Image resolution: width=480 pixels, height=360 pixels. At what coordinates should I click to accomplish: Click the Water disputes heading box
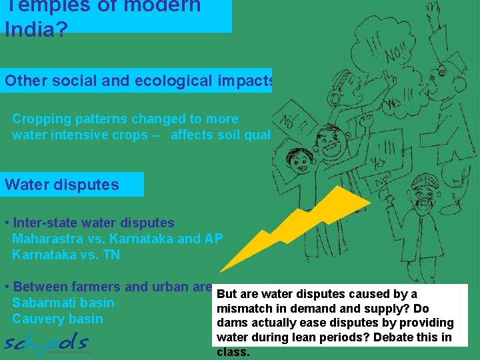73,184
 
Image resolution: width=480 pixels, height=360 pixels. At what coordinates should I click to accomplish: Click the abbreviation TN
111,255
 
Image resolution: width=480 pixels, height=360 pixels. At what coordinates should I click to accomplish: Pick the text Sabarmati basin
63,303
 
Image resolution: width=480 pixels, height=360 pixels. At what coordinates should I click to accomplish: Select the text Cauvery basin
57,319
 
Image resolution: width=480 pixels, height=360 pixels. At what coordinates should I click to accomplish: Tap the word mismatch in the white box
243,309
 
